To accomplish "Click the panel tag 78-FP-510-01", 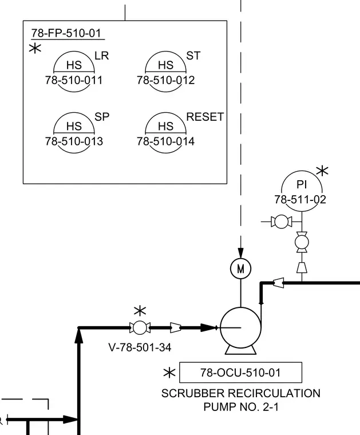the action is pos(66,33).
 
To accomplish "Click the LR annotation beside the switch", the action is pos(102,56).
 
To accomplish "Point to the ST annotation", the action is pos(193,56).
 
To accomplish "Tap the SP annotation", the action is pos(102,117).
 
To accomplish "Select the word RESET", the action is pos(205,117).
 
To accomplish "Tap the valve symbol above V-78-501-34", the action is pos(140,327).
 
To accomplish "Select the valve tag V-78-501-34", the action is pos(140,347).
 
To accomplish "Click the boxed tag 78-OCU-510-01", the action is pos(241,372).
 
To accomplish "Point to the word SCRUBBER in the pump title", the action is pos(193,393).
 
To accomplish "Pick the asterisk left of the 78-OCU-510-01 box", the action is pos(169,373).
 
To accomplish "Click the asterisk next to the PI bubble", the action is pos(322,171).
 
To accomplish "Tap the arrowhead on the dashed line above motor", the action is pos(241,253).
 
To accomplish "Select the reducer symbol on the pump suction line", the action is pos(175,327).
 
